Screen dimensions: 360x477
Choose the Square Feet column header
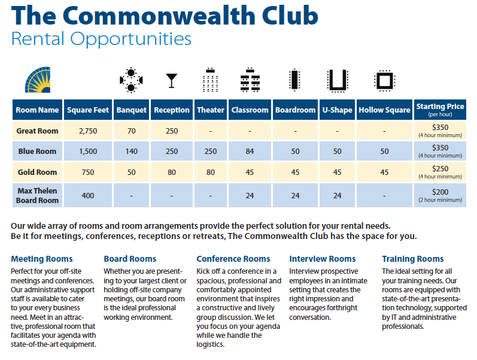88,110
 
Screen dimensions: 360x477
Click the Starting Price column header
440,110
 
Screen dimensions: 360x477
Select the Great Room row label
37,131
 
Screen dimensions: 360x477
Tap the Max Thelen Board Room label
37,196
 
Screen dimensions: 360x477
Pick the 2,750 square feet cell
88,131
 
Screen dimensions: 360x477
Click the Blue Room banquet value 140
131,152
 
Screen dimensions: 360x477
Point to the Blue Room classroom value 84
250,152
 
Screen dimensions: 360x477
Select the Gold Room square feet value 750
88,173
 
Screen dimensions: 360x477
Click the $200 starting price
440,192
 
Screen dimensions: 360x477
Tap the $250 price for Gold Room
440,169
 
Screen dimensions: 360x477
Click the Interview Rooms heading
322,259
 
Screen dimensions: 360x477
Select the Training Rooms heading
413,259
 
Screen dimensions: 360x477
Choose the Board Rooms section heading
130,259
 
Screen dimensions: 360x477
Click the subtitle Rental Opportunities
101,40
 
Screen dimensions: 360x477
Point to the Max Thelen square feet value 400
88,196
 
